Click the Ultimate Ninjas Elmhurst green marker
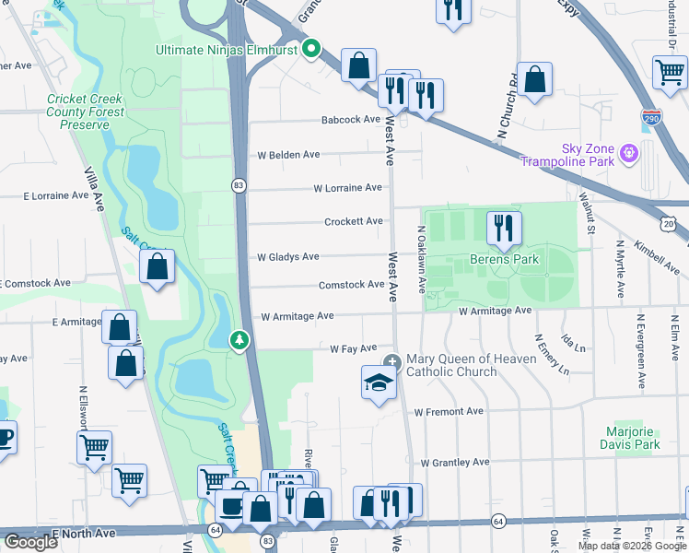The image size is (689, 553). [x=311, y=49]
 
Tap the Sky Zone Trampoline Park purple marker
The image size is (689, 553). [x=629, y=151]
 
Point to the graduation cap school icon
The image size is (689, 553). [x=379, y=382]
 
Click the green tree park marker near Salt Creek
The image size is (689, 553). [x=239, y=341]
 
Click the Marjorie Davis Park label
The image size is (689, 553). [x=633, y=438]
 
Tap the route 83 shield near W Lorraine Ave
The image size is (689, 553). [x=238, y=185]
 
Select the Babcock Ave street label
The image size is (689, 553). [x=351, y=120]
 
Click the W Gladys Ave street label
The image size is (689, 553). [x=287, y=257]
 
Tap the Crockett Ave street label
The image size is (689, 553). [x=353, y=221]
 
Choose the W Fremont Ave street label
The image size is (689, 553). [x=449, y=411]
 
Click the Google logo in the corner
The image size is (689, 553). [x=30, y=542]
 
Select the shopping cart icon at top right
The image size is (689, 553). [x=670, y=73]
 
